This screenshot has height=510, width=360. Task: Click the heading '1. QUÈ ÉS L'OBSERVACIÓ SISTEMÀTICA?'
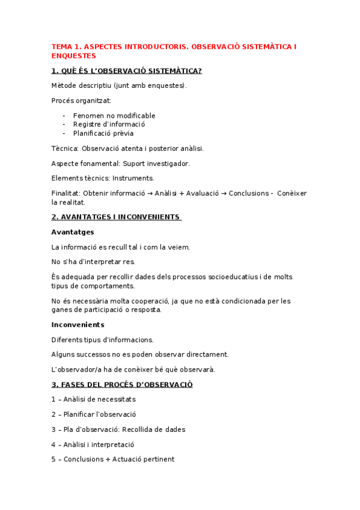click(x=127, y=71)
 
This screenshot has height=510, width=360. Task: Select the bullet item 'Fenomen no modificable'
click(x=114, y=115)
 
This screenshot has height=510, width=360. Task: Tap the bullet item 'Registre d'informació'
click(x=109, y=124)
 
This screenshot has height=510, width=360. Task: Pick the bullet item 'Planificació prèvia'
click(x=103, y=134)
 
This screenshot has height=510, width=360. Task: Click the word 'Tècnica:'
click(x=65, y=148)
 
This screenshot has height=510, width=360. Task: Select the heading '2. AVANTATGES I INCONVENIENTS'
click(x=117, y=217)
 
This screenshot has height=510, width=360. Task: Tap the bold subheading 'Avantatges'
click(x=73, y=232)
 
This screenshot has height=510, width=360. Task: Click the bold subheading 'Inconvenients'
click(x=78, y=325)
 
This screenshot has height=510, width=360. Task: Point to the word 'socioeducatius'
click(x=227, y=277)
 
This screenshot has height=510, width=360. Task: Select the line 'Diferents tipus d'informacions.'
click(x=103, y=340)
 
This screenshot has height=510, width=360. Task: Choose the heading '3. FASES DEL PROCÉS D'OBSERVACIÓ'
click(x=122, y=384)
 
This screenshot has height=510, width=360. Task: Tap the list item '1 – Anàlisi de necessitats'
click(x=94, y=399)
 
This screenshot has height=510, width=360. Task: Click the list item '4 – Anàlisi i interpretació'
click(x=93, y=444)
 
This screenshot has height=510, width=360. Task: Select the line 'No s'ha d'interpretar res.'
click(x=93, y=262)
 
